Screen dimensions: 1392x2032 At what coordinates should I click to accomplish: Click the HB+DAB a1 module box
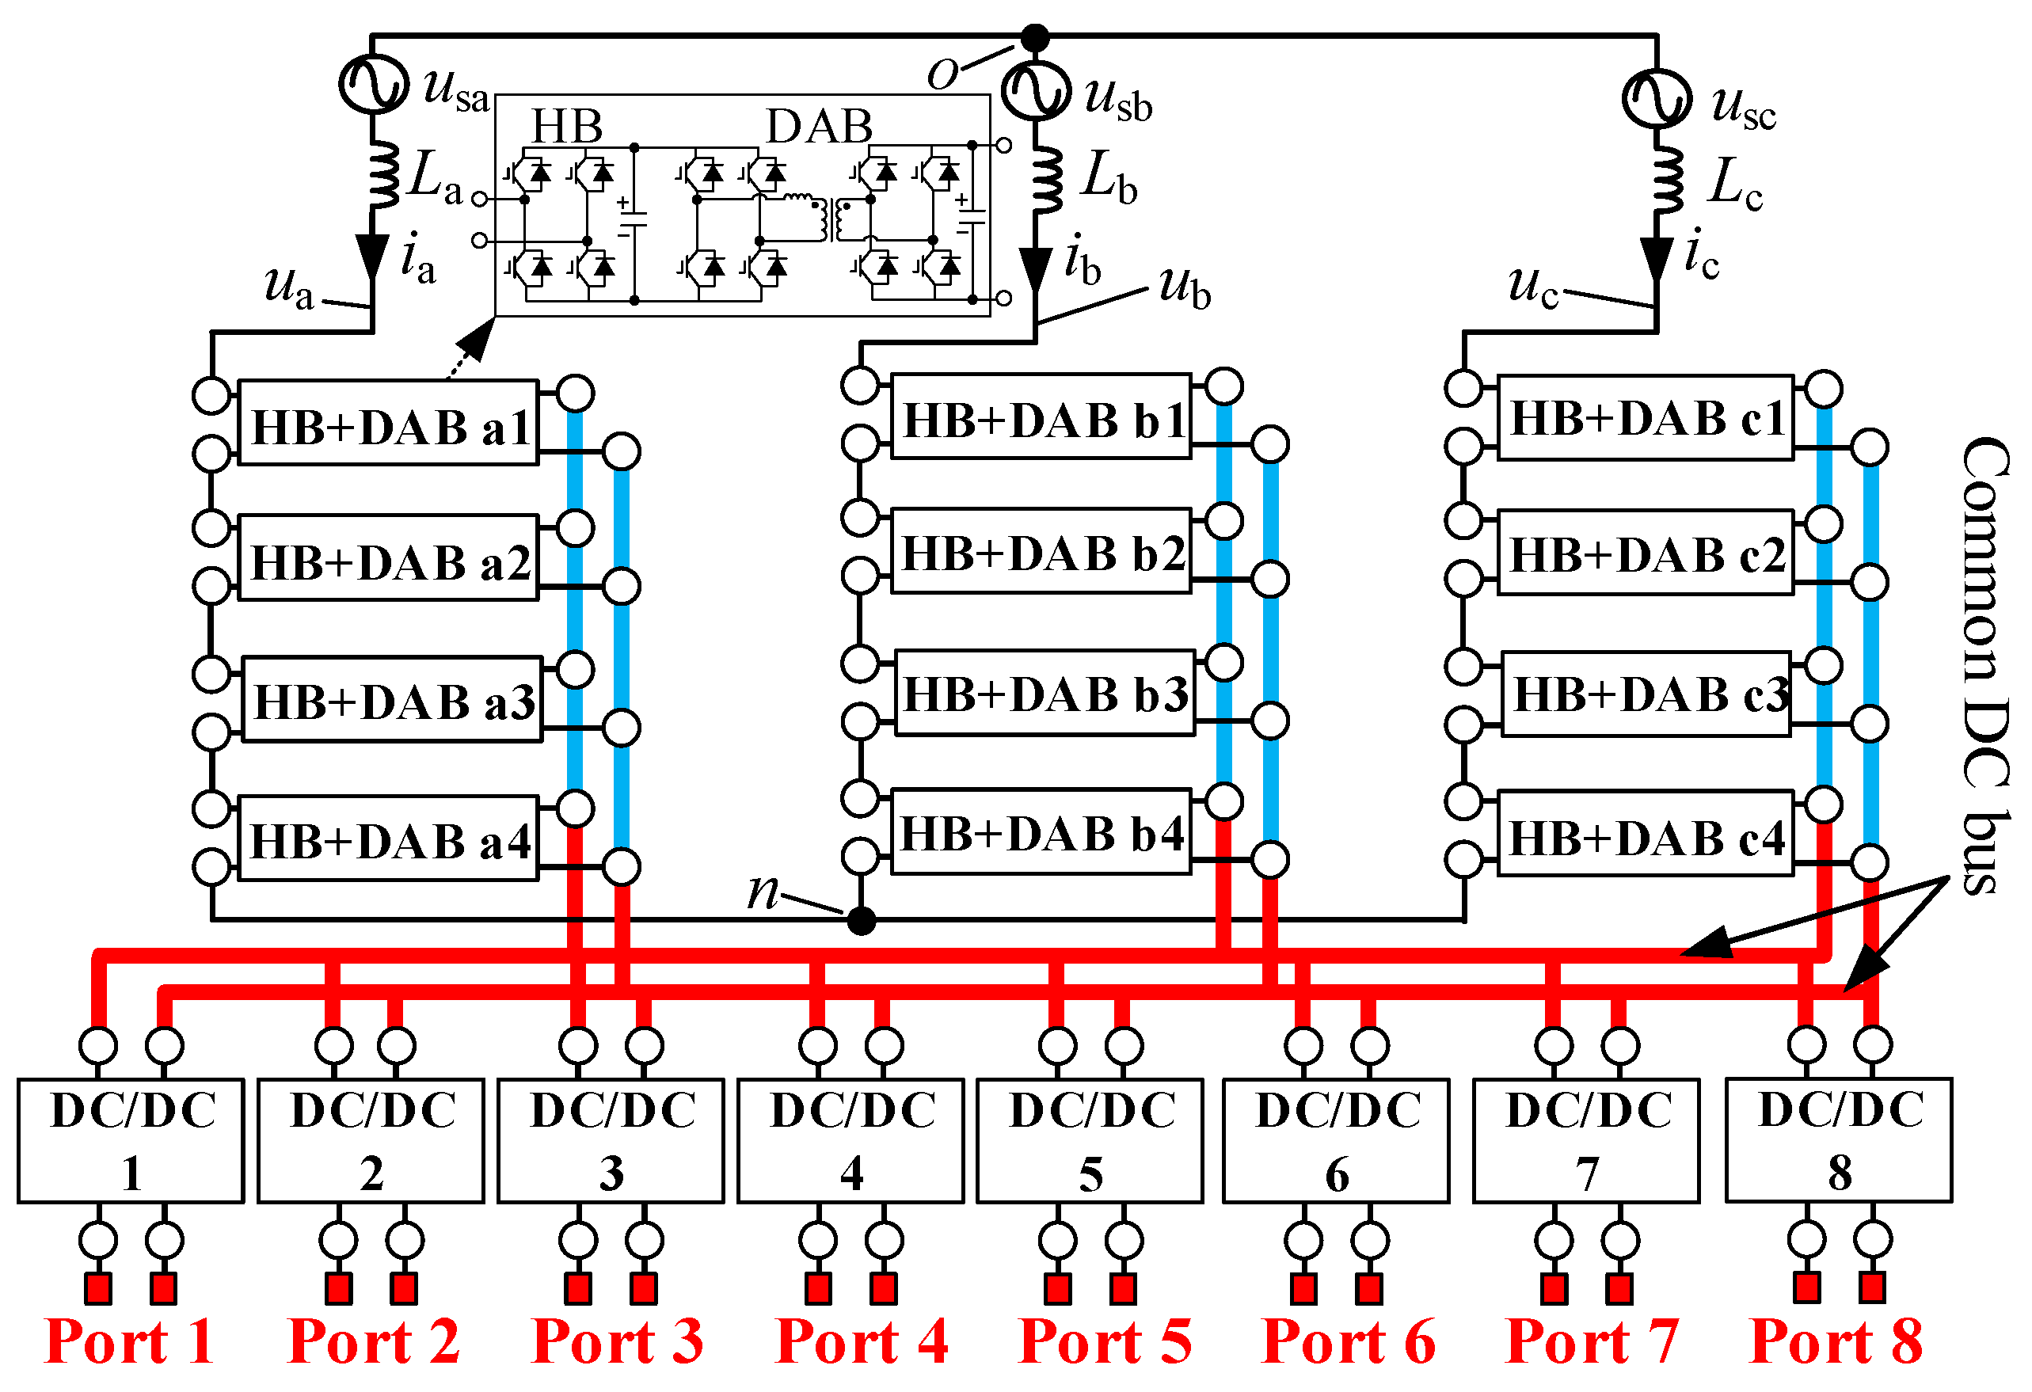[388, 423]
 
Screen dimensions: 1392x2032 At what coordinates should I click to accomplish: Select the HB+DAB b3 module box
[1045, 694]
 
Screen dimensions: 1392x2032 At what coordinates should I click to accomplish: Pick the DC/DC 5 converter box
[1090, 1140]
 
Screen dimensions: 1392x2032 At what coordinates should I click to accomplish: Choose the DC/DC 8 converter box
[1839, 1139]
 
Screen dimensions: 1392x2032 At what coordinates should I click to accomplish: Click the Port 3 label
[618, 1341]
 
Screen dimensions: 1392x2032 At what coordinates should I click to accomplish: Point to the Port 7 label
[1592, 1341]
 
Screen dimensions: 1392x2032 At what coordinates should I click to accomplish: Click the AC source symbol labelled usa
[373, 84]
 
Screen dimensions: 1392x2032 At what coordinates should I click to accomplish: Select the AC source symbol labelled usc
[1656, 98]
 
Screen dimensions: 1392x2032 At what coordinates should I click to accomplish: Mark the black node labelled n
[862, 921]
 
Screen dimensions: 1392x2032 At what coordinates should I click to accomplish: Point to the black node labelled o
[1035, 37]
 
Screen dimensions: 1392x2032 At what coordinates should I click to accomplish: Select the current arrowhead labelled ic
[1656, 259]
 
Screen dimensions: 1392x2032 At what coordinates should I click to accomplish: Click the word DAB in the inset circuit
[820, 127]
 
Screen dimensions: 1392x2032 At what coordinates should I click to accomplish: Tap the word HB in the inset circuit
[566, 127]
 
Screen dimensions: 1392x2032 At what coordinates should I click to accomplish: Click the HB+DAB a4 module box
[388, 839]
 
